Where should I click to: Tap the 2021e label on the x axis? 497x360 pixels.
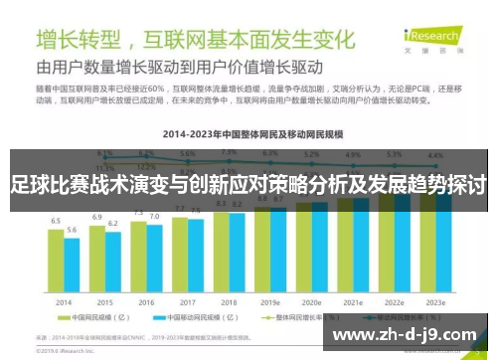click(x=352, y=301)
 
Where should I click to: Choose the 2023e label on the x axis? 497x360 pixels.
click(x=434, y=301)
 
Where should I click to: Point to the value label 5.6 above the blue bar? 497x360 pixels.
click(x=72, y=231)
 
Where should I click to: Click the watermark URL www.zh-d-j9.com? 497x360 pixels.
click(x=409, y=333)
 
